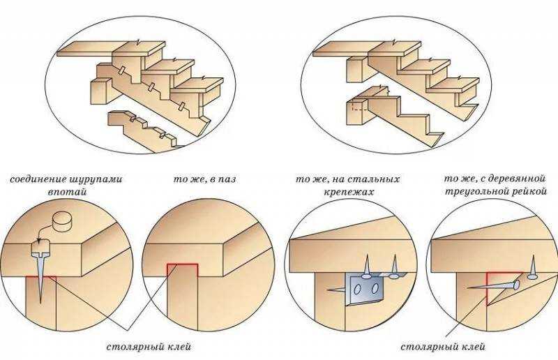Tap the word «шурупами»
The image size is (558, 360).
tap(95, 179)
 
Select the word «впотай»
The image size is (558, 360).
tap(68, 192)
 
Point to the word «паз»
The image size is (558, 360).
tap(227, 179)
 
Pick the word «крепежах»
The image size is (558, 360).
tap(349, 193)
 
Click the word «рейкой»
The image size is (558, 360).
tap(529, 192)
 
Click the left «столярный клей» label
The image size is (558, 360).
tap(149, 347)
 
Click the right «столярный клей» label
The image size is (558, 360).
tap(443, 347)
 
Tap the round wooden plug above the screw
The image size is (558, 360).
tap(62, 222)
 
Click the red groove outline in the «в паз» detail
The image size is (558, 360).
tap(182, 265)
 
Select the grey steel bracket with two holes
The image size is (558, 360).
tap(363, 288)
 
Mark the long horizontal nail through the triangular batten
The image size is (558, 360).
tap(494, 285)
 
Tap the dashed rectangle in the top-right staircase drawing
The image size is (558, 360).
tap(359, 106)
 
